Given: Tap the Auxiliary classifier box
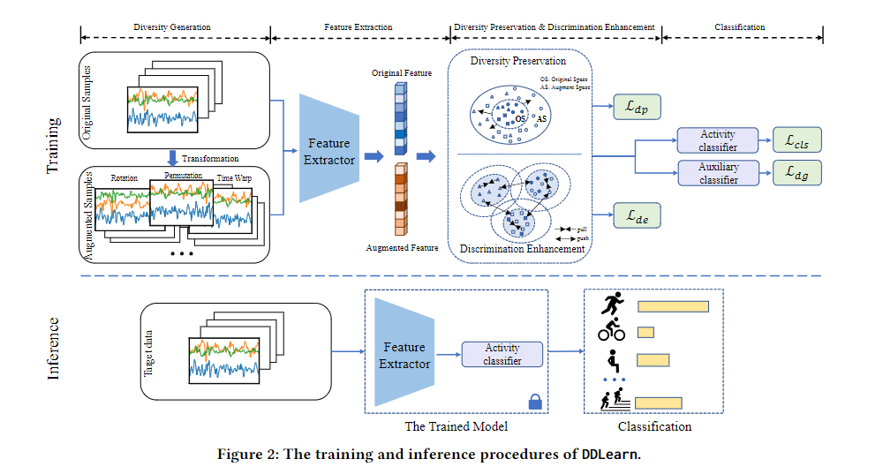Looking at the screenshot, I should (x=718, y=172).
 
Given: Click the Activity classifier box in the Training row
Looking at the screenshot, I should (x=718, y=140).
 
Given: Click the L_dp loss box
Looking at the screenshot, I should (x=636, y=110).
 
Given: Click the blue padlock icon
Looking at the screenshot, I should (x=534, y=402).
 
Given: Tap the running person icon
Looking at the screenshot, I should (x=611, y=305).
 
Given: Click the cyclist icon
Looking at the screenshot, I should (x=611, y=332).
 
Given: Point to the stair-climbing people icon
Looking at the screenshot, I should (x=611, y=400).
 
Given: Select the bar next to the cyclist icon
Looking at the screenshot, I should (x=645, y=332).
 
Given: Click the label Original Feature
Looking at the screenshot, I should (x=402, y=72).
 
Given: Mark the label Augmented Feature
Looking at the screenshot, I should (x=402, y=248).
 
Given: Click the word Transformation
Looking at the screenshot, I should (x=210, y=159).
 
